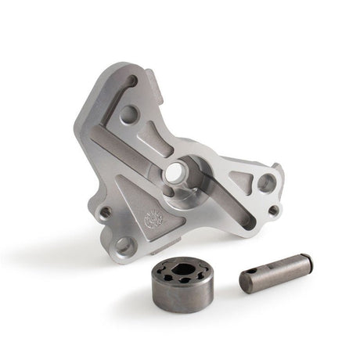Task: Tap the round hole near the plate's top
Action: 129,114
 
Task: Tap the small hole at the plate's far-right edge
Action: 272,210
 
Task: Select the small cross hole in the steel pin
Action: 260,275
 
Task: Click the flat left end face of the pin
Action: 245,283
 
